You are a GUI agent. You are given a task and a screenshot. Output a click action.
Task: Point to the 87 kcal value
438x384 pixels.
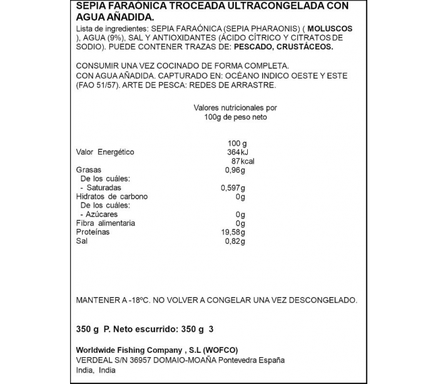point(243,161)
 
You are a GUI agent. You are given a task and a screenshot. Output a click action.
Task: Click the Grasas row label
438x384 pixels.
point(89,170)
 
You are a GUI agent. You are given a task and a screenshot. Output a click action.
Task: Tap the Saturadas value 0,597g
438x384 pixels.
point(233,188)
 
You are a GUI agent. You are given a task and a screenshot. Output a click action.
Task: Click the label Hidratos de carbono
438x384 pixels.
point(112,196)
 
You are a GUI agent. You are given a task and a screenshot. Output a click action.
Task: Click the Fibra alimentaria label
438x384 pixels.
point(105,223)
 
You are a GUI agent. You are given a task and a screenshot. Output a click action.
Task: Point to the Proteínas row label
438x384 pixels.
point(93,232)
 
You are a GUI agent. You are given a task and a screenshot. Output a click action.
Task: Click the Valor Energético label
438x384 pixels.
point(105,152)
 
